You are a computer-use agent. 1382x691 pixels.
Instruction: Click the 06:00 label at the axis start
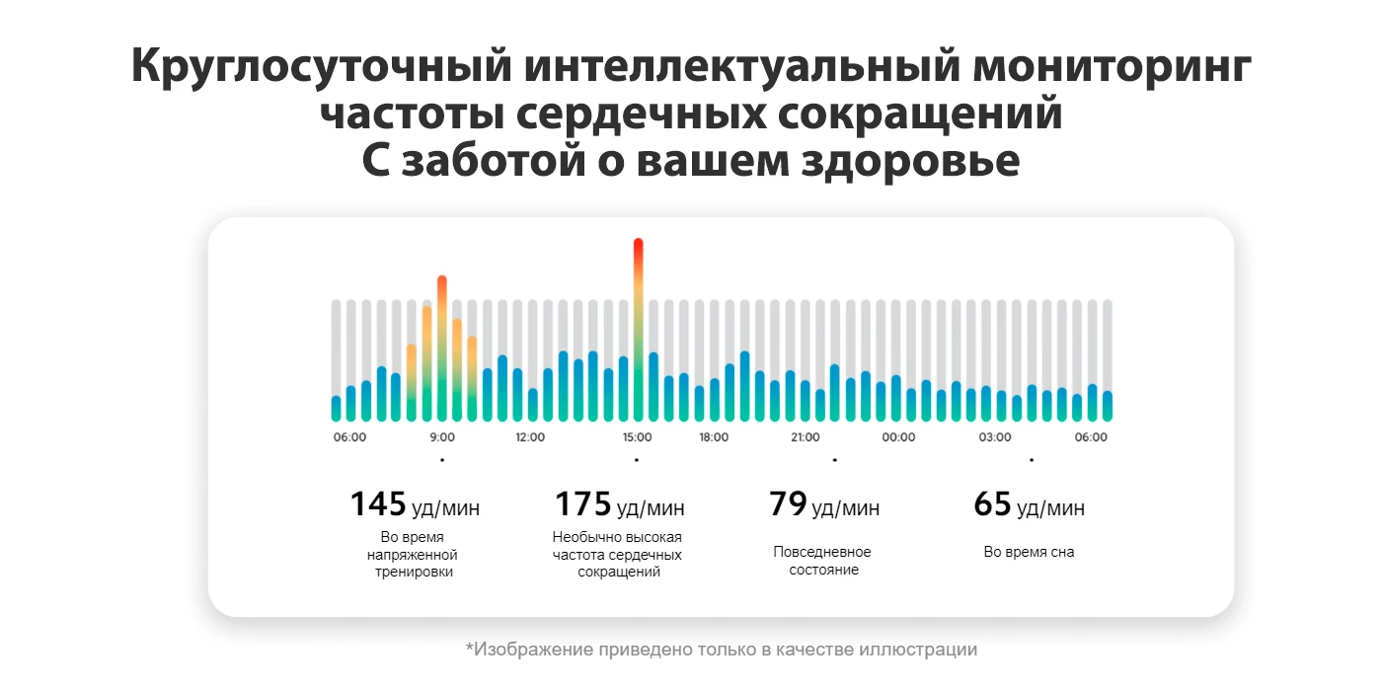pyautogui.click(x=349, y=437)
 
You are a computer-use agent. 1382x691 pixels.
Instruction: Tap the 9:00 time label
pyautogui.click(x=442, y=437)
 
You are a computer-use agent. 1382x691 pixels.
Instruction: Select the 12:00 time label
pyautogui.click(x=530, y=437)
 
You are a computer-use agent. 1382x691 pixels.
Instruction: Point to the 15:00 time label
pyautogui.click(x=637, y=437)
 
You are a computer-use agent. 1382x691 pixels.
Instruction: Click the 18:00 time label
pyautogui.click(x=714, y=437)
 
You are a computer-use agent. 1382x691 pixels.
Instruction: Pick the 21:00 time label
pyautogui.click(x=805, y=437)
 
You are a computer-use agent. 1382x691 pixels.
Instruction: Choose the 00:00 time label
pyautogui.click(x=898, y=437)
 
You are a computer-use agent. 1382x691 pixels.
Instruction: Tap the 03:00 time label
pyautogui.click(x=994, y=437)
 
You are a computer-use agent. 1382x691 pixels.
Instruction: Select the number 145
pyautogui.click(x=378, y=504)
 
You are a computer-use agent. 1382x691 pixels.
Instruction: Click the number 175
pyautogui.click(x=583, y=504)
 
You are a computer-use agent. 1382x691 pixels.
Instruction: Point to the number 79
pyautogui.click(x=788, y=504)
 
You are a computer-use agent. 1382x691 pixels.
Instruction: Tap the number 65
pyautogui.click(x=993, y=504)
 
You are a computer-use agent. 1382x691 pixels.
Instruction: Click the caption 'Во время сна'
pyautogui.click(x=1029, y=553)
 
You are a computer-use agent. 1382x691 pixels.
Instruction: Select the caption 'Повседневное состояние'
pyautogui.click(x=823, y=561)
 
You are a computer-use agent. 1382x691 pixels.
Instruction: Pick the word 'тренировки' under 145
pyautogui.click(x=412, y=573)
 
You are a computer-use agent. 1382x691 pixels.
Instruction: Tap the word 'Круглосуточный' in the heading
pyautogui.click(x=318, y=68)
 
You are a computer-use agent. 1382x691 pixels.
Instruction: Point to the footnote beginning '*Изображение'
pyautogui.click(x=722, y=650)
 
